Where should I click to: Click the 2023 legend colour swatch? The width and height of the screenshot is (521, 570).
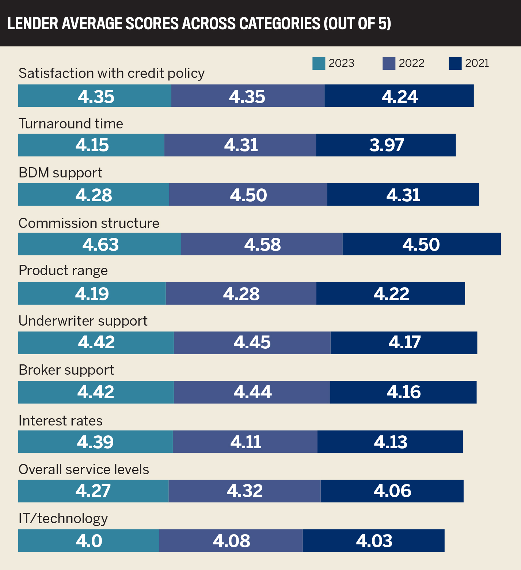point(319,63)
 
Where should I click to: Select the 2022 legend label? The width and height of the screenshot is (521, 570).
point(411,63)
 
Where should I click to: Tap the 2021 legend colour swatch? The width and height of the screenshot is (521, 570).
point(455,63)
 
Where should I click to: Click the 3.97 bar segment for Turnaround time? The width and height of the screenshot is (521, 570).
point(386,145)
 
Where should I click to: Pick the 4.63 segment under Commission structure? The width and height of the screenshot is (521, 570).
point(100,244)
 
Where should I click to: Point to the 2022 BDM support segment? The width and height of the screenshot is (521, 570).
point(248,195)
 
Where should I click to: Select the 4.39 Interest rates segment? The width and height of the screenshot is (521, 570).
point(95,442)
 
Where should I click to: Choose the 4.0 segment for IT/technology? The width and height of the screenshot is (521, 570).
point(89,540)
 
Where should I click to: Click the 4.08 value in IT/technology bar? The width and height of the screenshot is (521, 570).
point(232,541)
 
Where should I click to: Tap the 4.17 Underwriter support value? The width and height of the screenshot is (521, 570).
point(405,342)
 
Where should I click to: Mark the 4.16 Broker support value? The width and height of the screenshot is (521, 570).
point(404,392)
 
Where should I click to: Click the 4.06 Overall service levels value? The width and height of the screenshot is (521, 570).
point(392,491)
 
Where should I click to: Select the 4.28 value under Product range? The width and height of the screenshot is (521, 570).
point(242,294)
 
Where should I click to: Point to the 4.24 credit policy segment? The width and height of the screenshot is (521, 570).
point(399,96)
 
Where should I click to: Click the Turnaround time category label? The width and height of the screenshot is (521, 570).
point(71,124)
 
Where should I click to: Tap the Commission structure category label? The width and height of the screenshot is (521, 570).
point(89,223)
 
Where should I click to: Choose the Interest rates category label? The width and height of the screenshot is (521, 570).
point(61,421)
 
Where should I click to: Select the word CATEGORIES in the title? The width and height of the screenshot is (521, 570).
point(279,24)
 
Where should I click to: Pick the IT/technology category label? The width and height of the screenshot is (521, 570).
point(63,519)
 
